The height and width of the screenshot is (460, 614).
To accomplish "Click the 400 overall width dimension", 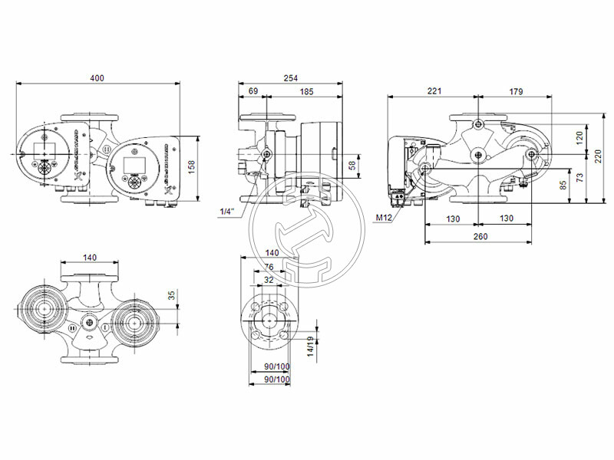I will coord(97,78).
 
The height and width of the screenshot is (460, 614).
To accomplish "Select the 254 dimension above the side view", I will coord(291,78).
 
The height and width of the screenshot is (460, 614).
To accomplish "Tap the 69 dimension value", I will coord(253,92).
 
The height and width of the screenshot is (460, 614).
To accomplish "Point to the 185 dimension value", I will coord(306,92).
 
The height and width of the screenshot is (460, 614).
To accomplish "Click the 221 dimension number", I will coord(434,91).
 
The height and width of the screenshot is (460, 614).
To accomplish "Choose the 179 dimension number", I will coord(516,91).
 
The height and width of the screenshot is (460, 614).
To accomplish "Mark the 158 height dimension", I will coord(192,163).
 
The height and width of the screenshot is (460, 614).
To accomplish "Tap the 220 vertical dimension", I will coord(599,156).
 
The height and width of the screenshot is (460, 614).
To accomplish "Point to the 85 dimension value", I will coord(563,184).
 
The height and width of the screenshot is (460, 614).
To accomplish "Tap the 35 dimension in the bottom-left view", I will coord(172,294).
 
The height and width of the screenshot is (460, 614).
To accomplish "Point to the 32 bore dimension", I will coord(268,281).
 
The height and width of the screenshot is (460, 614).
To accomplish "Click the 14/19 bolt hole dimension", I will coord(311,347).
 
